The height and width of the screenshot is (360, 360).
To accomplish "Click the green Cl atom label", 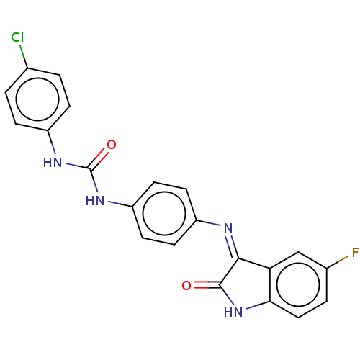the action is tap(17, 37).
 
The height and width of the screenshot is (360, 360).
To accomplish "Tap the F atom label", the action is tap(355, 253).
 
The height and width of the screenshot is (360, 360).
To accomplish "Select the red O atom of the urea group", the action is tap(112, 145).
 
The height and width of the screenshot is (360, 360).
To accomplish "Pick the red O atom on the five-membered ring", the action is tap(186, 286).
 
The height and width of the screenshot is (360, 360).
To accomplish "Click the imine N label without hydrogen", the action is tap(228, 228).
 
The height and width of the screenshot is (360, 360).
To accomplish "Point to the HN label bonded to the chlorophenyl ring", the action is tap(53, 163).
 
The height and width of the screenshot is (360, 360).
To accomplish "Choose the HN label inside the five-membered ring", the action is tap(233, 312).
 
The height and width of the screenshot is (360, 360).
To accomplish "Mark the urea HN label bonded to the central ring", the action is tap(95, 201).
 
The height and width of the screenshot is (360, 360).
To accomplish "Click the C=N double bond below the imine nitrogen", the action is tap(232, 247).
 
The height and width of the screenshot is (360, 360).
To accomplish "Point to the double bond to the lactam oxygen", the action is tap(207, 285).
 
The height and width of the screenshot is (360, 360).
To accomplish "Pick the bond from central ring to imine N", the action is tap(209, 222).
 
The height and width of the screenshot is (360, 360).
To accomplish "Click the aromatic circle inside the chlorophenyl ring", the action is tap(37, 99).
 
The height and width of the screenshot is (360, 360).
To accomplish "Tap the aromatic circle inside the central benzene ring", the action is tap(164, 213).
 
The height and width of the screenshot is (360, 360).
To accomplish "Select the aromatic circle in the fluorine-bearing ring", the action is tap(298, 285).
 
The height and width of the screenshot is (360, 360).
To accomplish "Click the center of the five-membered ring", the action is tap(246, 284).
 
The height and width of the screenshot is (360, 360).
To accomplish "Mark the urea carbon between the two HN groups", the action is tap(90, 169).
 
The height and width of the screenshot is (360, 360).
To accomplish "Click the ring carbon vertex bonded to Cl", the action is tap(27, 68).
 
